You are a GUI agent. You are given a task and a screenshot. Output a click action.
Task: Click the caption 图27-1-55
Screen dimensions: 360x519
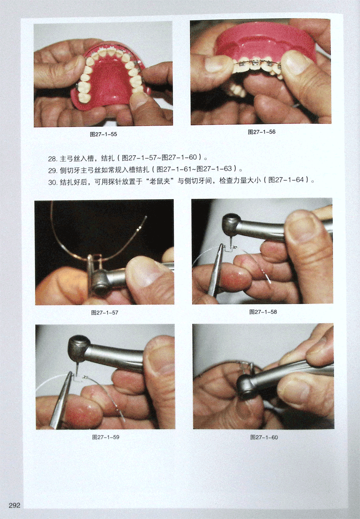(x=103, y=134)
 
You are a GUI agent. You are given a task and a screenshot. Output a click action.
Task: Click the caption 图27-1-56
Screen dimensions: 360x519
(x=262, y=132)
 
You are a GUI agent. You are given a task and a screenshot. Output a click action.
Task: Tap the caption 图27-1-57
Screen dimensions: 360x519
(x=105, y=313)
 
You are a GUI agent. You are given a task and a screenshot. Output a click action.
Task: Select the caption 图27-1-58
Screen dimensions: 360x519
(x=263, y=312)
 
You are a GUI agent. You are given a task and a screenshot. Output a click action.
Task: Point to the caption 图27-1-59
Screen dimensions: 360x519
(x=106, y=437)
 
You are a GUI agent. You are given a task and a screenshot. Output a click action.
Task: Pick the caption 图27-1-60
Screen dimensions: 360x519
(x=264, y=438)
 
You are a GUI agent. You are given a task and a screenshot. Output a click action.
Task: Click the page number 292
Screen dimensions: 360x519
(x=15, y=505)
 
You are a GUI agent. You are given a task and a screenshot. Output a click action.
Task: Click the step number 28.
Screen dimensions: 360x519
(x=52, y=159)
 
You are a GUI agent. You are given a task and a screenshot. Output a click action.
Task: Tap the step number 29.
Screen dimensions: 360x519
(x=52, y=170)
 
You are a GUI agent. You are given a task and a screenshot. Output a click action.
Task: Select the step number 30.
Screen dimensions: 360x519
(x=52, y=182)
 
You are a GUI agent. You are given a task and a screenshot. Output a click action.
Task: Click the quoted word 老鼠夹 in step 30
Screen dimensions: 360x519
(x=160, y=181)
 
